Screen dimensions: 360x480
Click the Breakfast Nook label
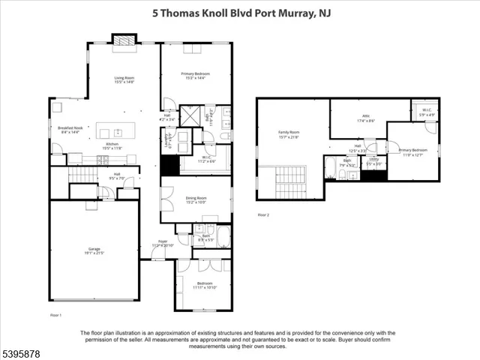point(70,130)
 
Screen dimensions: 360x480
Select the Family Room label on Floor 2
point(289,135)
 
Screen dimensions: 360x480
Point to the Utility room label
point(373,161)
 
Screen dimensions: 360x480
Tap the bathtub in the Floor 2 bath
point(331,166)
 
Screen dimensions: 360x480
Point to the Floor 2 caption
point(263,214)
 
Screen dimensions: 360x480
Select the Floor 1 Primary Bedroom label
point(195,76)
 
